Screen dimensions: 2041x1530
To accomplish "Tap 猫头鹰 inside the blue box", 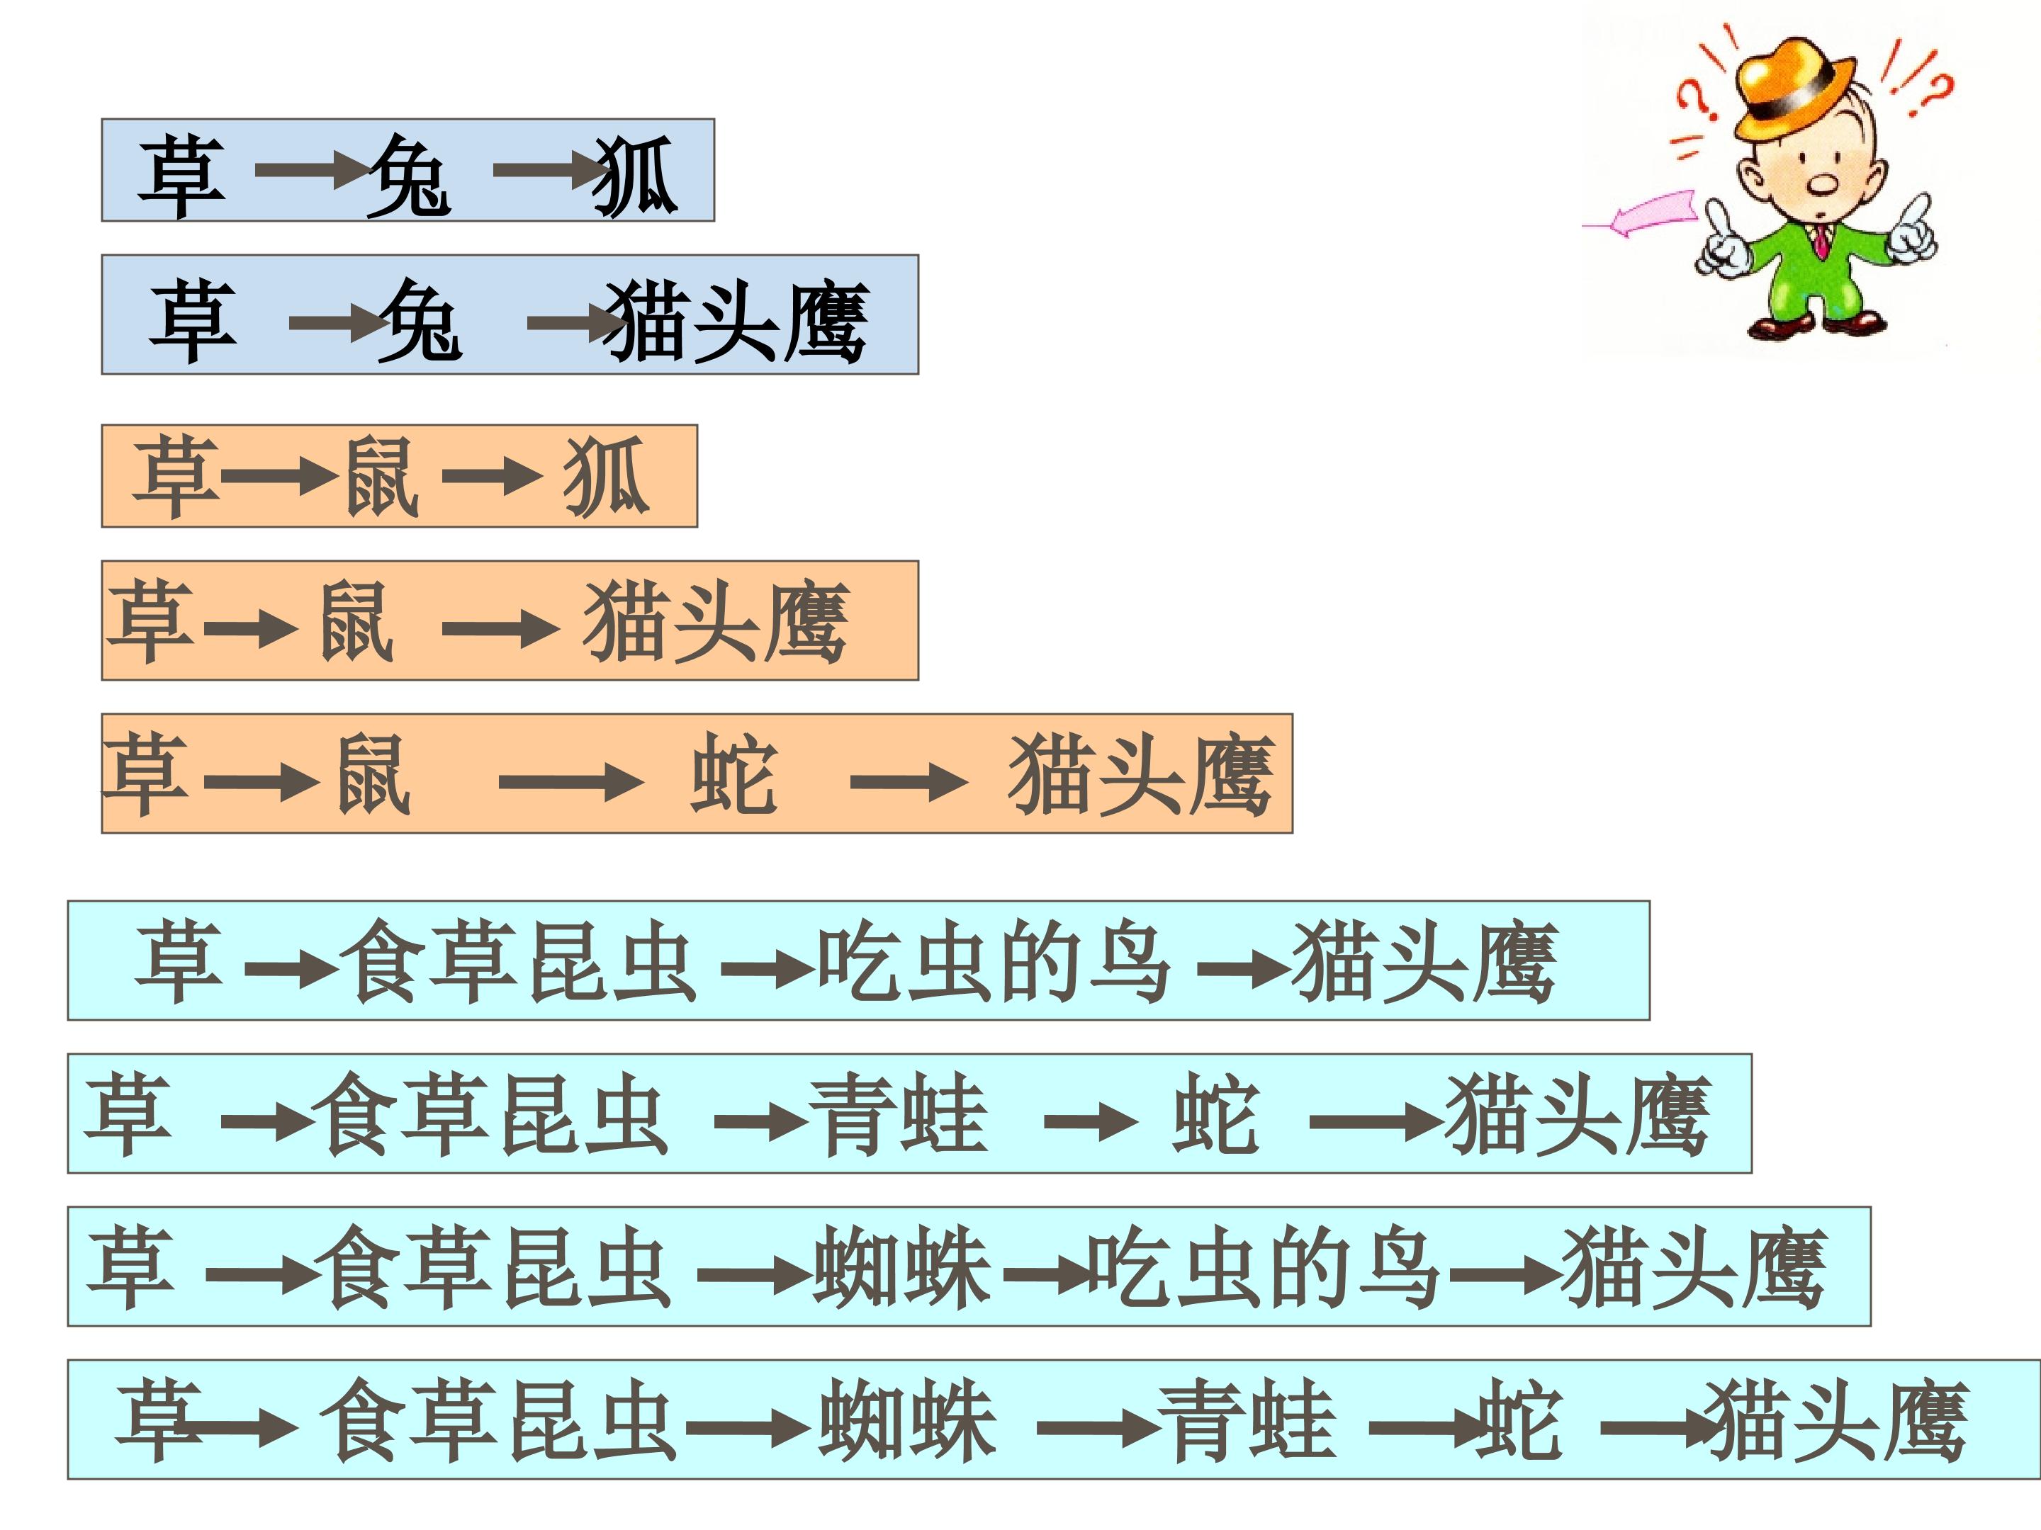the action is tap(736, 321).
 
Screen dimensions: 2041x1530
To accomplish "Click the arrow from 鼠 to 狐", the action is tap(492, 477).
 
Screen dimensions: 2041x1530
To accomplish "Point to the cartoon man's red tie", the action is tap(1821, 242).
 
